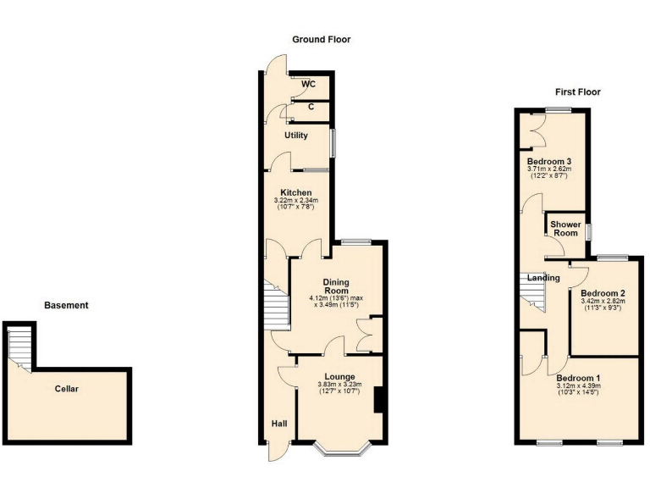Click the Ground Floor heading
(321, 40)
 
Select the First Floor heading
(577, 91)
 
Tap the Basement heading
(66, 306)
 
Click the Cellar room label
(67, 389)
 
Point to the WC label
(309, 84)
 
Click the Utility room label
(295, 136)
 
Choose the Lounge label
(339, 376)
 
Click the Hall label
(278, 424)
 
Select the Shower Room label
(565, 229)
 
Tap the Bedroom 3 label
(549, 161)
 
